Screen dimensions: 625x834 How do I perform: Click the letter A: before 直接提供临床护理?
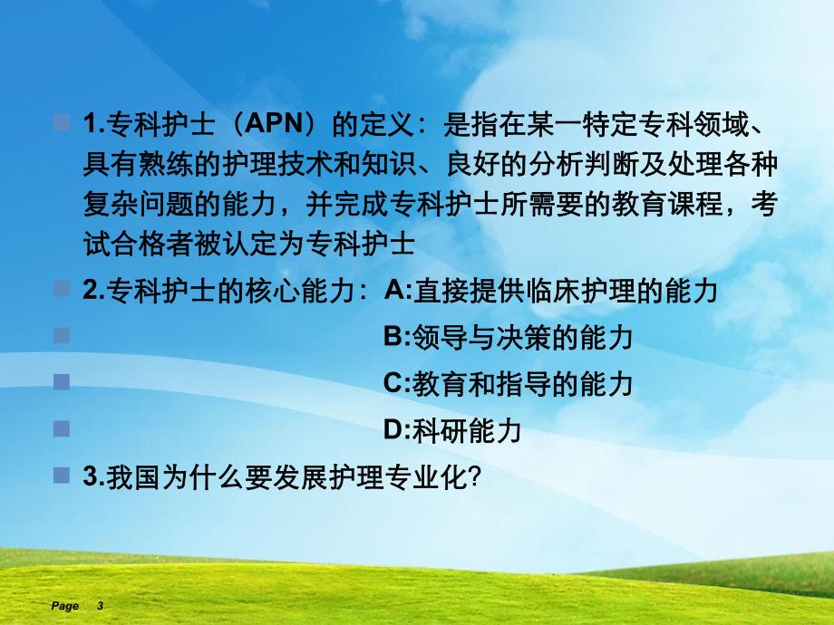(398, 291)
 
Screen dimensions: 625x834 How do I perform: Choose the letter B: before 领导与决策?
(398, 338)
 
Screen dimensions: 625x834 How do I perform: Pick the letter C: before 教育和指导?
(398, 384)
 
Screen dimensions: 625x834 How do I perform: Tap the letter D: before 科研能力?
(398, 430)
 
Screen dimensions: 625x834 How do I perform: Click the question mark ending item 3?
(470, 478)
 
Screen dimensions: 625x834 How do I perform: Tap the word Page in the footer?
(65, 606)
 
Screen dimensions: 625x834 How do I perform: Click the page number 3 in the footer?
(100, 606)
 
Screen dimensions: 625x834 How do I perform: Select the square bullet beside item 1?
(62, 122)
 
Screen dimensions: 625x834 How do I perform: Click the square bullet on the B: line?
(62, 336)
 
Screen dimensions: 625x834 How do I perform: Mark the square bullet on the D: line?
(62, 428)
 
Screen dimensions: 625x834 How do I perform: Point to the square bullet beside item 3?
(62, 476)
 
